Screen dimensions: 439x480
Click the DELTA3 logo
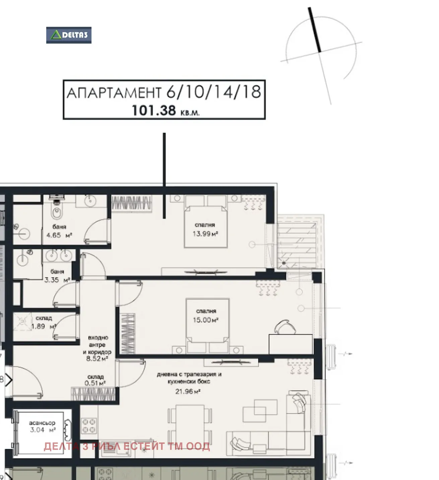[69, 35]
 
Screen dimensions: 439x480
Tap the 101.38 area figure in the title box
[154, 111]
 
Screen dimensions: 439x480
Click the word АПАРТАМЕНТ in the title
[114, 93]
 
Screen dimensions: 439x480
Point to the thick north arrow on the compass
[314, 30]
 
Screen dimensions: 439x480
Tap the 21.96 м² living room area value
[188, 392]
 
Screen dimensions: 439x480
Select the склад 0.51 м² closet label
[95, 380]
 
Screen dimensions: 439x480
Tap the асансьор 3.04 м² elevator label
[43, 426]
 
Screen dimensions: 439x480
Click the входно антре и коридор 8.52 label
[98, 348]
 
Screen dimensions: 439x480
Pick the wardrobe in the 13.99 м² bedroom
[132, 203]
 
